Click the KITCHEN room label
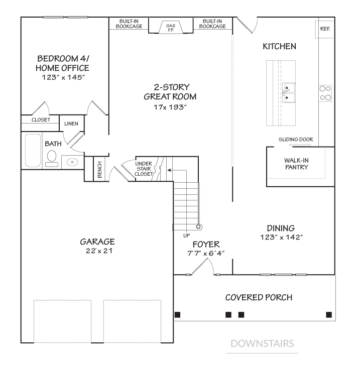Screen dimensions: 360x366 (279, 47)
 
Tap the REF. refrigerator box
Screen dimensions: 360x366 (325, 29)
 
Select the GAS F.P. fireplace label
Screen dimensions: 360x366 (171, 28)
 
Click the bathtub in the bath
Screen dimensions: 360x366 (33, 151)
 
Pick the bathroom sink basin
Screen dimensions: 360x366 (72, 162)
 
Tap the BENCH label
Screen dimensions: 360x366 (99, 170)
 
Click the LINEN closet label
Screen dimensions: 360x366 (71, 124)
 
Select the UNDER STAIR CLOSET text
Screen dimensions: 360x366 (144, 169)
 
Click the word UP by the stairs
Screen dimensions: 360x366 (187, 236)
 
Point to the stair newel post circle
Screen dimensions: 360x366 (198, 226)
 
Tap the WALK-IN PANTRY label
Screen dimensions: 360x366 (296, 164)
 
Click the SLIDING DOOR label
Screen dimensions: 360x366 (296, 140)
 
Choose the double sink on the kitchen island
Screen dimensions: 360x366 (289, 93)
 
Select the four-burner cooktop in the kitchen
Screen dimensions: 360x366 (325, 93)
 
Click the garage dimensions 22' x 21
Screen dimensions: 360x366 (99, 251)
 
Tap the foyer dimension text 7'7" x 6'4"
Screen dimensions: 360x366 (206, 253)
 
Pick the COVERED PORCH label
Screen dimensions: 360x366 (259, 297)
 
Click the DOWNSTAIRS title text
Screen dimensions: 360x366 (262, 343)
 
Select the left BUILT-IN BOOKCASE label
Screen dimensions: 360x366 (129, 24)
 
